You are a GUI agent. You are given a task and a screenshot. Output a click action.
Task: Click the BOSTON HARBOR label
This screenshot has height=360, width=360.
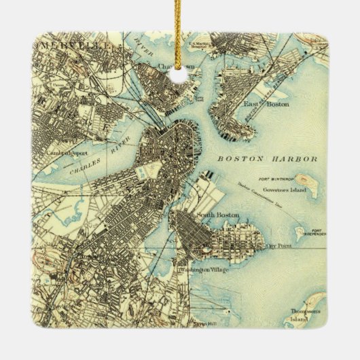tap(268, 159)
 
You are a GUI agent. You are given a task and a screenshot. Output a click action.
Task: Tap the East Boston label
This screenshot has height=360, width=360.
tap(258, 104)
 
